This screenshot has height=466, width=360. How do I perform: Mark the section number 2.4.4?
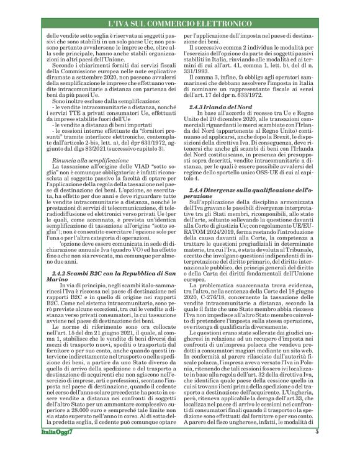[x=207, y=188]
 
